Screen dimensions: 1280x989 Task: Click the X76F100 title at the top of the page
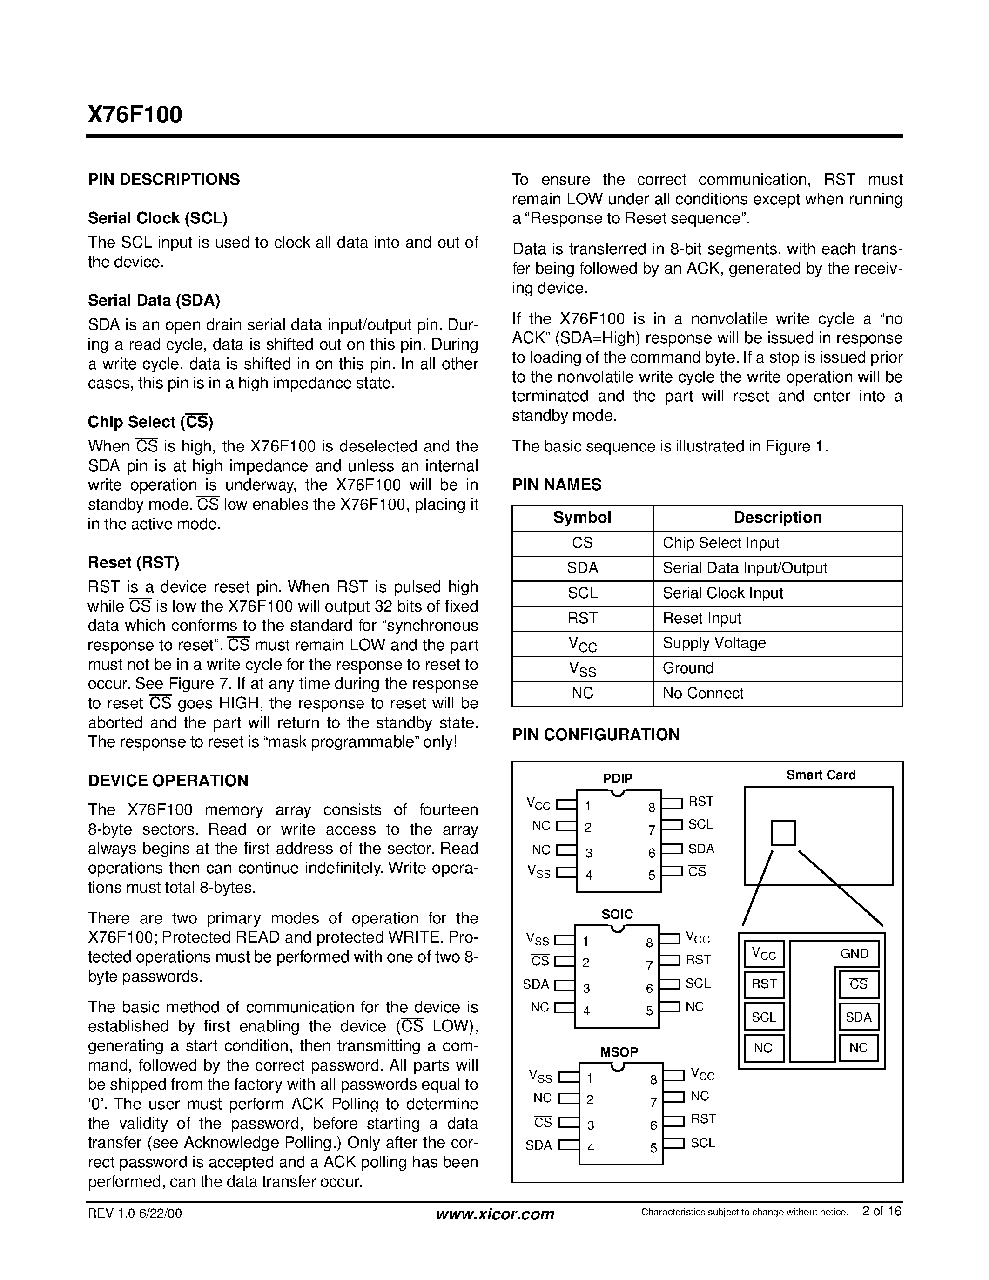pyautogui.click(x=135, y=115)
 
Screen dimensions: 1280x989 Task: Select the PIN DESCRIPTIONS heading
pyautogui.click(x=164, y=179)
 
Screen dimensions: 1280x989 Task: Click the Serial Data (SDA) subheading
pyautogui.click(x=154, y=301)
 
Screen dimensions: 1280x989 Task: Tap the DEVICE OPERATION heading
pyautogui.click(x=168, y=781)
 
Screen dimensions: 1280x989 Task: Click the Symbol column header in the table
pyautogui.click(x=582, y=518)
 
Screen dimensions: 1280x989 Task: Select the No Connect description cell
pyautogui.click(x=703, y=694)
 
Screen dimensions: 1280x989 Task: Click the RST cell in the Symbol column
pyautogui.click(x=582, y=618)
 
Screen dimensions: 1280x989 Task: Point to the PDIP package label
pyautogui.click(x=618, y=778)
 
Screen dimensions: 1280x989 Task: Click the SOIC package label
pyautogui.click(x=617, y=914)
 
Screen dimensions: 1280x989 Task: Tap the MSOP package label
pyautogui.click(x=619, y=1052)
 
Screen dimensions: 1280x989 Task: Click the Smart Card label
pyautogui.click(x=820, y=775)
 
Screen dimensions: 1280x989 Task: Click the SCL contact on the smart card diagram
pyautogui.click(x=763, y=1017)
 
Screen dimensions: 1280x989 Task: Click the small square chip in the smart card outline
pyautogui.click(x=783, y=833)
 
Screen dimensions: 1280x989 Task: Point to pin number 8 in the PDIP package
pyautogui.click(x=651, y=808)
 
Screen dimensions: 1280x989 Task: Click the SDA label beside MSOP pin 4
pyautogui.click(x=538, y=1145)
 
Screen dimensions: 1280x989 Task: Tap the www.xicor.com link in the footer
pyautogui.click(x=495, y=1214)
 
